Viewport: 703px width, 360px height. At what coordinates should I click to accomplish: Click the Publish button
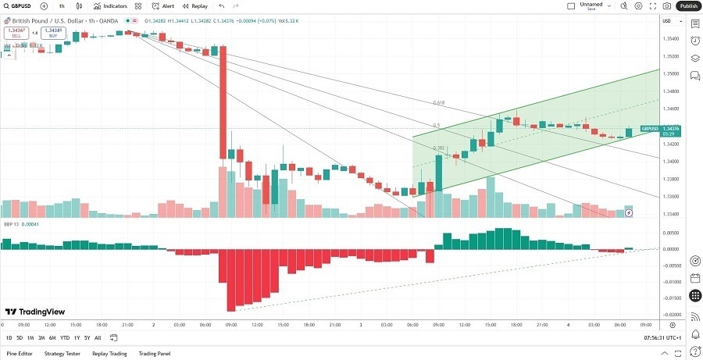(x=688, y=5)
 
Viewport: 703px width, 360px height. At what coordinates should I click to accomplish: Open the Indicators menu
(x=110, y=5)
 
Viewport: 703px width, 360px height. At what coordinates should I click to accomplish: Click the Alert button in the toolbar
(x=163, y=5)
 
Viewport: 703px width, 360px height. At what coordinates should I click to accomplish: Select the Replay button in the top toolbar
(x=195, y=5)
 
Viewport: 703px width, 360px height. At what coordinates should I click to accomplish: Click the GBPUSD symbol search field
(x=20, y=5)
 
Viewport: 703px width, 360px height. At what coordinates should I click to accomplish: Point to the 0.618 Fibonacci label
(x=438, y=103)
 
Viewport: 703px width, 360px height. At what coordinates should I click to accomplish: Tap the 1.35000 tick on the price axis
(x=670, y=74)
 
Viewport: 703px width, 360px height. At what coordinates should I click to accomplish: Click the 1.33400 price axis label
(x=670, y=214)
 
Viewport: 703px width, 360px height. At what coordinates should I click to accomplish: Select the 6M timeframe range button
(x=52, y=337)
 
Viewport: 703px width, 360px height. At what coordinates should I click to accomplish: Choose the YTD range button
(x=65, y=337)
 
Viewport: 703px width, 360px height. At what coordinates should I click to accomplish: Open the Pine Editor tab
(x=20, y=353)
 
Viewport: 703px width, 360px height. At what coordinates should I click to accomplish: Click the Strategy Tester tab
(x=62, y=353)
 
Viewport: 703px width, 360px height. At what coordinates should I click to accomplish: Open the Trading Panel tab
(x=153, y=353)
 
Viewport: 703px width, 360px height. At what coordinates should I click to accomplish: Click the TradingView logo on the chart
(x=34, y=311)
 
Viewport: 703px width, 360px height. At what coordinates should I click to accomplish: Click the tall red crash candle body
(x=223, y=102)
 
